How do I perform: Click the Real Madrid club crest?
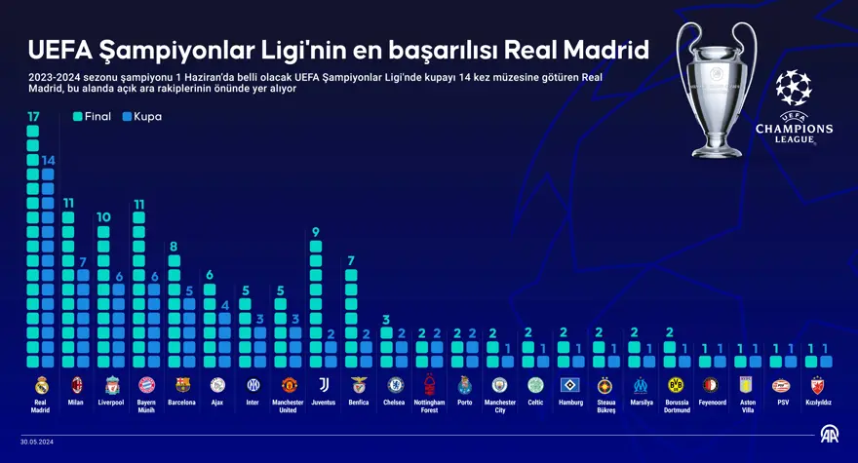(x=40, y=384)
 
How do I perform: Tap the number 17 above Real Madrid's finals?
(x=33, y=117)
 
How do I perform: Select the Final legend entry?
(x=93, y=117)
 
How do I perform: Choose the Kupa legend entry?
(x=141, y=117)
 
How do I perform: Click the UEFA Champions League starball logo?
(x=794, y=88)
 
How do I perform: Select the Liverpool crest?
(x=112, y=384)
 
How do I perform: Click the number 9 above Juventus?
(x=316, y=232)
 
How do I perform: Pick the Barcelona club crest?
(x=182, y=384)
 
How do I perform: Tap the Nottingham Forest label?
(x=430, y=405)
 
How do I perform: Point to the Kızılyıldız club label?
(x=817, y=403)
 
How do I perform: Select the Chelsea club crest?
(x=395, y=384)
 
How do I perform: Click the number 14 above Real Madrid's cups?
(x=48, y=160)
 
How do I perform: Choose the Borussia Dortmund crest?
(x=677, y=384)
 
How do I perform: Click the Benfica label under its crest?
(x=358, y=403)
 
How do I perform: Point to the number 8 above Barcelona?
(x=174, y=247)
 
